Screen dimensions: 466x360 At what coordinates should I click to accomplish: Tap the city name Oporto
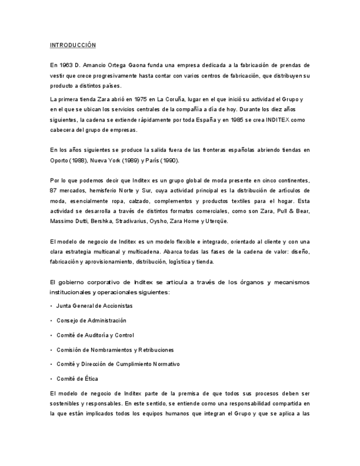pyautogui.click(x=58, y=160)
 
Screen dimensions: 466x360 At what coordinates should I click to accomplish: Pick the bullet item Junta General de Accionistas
pyautogui.click(x=94, y=305)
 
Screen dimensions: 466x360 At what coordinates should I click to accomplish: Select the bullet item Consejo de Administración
pyautogui.click(x=91, y=320)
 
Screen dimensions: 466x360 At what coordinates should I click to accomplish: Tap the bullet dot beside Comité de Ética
pyautogui.click(x=51, y=379)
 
